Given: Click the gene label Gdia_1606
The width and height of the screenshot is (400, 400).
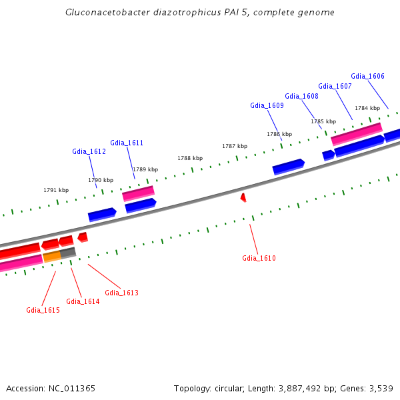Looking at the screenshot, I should tap(367, 76).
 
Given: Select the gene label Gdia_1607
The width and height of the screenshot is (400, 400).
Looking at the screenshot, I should tap(335, 86).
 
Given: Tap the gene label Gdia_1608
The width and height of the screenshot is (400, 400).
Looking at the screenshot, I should tap(301, 96).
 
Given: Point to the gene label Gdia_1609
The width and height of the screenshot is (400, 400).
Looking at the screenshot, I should tap(267, 105).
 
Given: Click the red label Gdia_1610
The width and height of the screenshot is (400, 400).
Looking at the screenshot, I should tap(259, 258).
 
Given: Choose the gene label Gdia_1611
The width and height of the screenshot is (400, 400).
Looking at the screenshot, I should tap(127, 143).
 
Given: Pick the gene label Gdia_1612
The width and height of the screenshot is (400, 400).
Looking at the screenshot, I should tap(89, 151).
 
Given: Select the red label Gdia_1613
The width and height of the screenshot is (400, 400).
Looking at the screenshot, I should tap(121, 293).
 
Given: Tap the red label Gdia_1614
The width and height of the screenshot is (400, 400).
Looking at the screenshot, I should tap(83, 301).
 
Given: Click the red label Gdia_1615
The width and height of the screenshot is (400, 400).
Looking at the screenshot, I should tap(43, 310).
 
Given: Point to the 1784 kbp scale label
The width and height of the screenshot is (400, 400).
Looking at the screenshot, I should tap(367, 108).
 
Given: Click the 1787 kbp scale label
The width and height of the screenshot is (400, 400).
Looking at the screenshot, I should tap(235, 146).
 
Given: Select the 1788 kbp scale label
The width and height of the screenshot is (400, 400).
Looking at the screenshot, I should tap(190, 158).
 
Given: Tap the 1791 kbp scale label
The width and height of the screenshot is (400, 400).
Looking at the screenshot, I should tap(56, 190).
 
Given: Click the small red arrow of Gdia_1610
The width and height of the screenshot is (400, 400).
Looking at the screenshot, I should tap(243, 197).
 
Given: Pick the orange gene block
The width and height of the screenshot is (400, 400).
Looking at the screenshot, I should tap(52, 256).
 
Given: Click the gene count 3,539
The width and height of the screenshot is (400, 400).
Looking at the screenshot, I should tap(379, 388).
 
